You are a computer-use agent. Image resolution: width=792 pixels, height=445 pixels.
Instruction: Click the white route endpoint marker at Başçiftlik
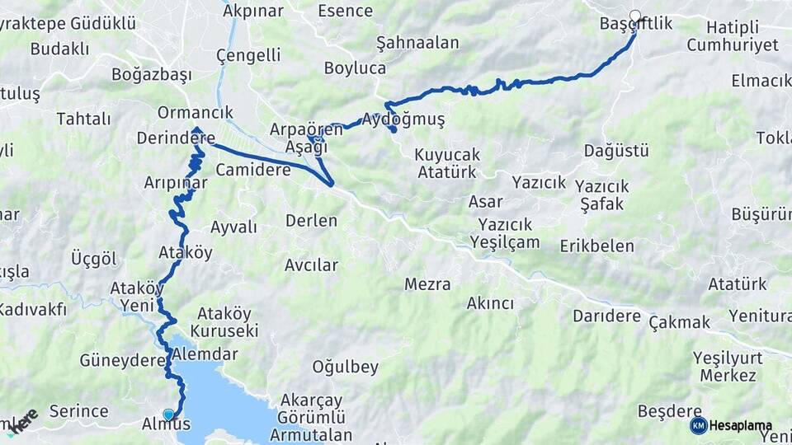(635, 15)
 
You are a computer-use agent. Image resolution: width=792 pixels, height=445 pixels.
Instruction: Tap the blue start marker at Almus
(168, 415)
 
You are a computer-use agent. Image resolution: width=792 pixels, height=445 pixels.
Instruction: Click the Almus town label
(167, 425)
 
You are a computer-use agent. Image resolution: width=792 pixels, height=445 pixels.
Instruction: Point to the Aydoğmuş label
(403, 120)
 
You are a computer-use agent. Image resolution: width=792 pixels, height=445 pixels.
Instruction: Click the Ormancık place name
(196, 113)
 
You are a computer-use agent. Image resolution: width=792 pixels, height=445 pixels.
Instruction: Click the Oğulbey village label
(345, 367)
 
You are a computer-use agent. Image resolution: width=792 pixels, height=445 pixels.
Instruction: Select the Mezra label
(427, 284)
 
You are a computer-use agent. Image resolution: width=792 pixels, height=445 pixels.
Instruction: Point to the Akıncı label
(490, 303)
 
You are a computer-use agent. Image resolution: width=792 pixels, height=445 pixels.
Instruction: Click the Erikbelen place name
(597, 246)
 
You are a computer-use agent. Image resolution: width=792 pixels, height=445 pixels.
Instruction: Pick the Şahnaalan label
(405, 43)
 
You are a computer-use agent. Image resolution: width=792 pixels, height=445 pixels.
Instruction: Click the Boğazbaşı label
(152, 75)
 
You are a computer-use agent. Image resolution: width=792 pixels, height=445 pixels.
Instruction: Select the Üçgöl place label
(94, 259)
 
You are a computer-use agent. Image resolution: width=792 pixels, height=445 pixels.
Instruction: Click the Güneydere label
(117, 361)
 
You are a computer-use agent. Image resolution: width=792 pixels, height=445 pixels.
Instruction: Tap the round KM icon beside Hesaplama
(699, 425)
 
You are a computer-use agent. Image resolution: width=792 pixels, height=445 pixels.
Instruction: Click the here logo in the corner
(22, 420)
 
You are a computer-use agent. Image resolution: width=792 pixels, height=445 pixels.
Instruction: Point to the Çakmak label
(679, 321)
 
